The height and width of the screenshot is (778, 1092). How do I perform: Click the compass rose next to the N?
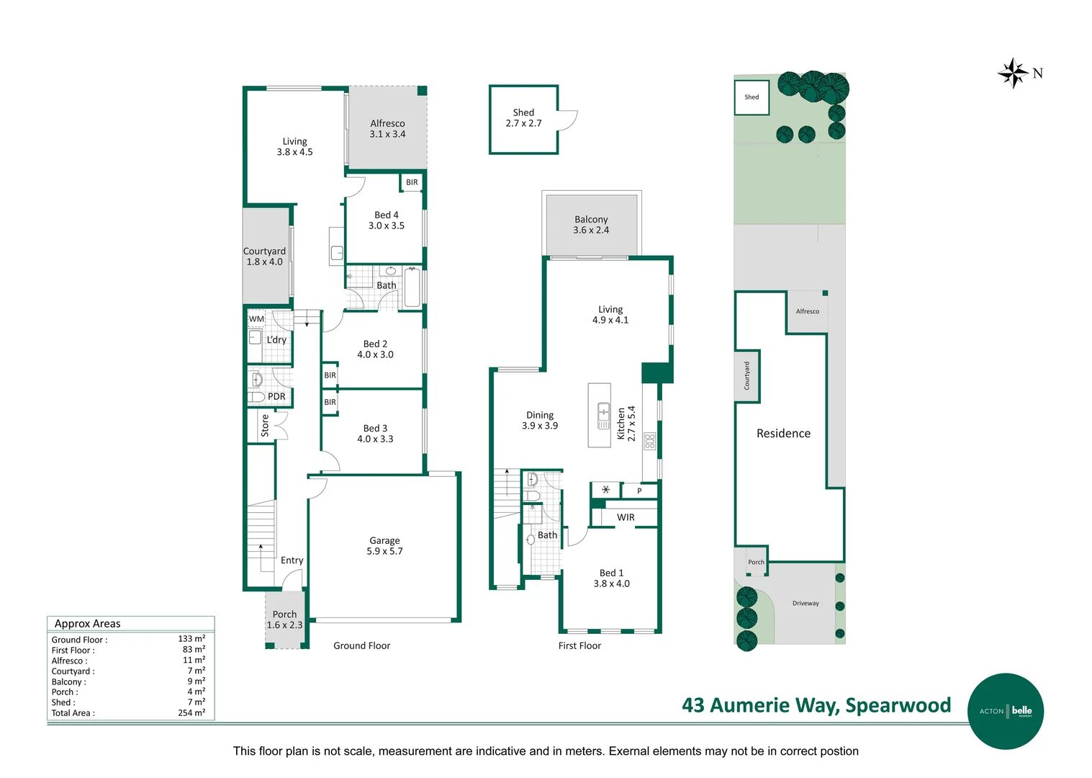click(x=1013, y=73)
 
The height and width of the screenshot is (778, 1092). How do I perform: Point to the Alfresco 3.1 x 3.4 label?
click(x=387, y=129)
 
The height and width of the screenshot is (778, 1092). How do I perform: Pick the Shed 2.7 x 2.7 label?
click(x=523, y=118)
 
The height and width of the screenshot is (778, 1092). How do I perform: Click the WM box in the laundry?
click(x=256, y=319)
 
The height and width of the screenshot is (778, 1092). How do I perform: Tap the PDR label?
click(x=276, y=396)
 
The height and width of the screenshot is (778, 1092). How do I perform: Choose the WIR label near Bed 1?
click(x=626, y=517)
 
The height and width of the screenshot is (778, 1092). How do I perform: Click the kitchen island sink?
click(x=603, y=416)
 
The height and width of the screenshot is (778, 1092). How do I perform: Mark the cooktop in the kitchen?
click(x=650, y=441)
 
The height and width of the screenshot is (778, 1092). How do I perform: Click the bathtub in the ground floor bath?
click(x=412, y=287)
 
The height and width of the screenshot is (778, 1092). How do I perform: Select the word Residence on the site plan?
click(x=783, y=433)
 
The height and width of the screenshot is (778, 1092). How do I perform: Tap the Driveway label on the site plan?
click(x=806, y=604)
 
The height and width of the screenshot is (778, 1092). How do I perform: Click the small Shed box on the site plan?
click(x=752, y=97)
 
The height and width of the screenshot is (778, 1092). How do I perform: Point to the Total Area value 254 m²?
click(x=191, y=712)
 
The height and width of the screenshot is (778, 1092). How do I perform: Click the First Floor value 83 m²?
click(x=194, y=649)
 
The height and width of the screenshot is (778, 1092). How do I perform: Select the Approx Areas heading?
click(x=87, y=624)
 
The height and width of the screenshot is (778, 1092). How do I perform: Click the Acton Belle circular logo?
click(x=1005, y=711)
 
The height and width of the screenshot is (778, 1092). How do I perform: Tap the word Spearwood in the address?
click(x=898, y=705)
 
